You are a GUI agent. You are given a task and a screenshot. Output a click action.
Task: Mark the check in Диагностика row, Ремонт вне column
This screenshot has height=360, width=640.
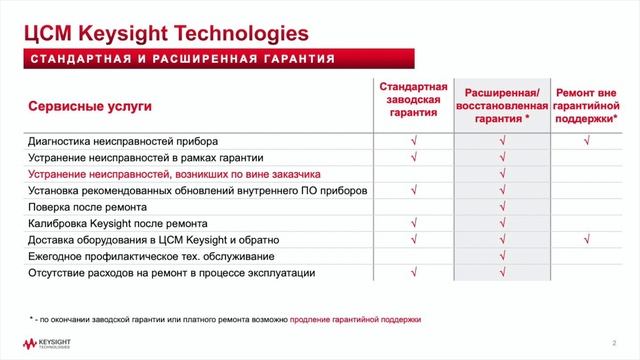(x=588, y=141)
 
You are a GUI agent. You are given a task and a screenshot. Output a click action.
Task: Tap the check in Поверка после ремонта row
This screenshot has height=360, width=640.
(x=502, y=207)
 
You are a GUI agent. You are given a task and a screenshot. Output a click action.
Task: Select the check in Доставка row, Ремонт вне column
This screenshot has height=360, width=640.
(x=588, y=240)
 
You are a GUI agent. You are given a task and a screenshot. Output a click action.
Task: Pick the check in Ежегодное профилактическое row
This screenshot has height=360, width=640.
(x=502, y=256)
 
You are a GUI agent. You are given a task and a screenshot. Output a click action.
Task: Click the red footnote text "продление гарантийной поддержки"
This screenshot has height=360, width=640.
(x=355, y=319)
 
